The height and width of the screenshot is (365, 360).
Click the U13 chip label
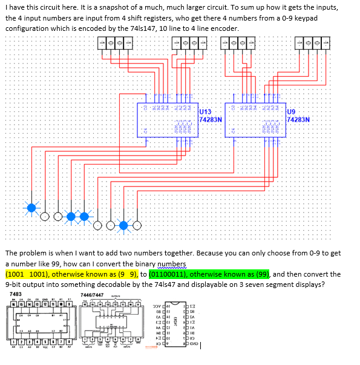205,111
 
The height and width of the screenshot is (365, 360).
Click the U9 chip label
291,111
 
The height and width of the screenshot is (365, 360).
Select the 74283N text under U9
299,119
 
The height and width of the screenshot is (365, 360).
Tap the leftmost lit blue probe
31,208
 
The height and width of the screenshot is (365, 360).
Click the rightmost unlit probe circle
138,226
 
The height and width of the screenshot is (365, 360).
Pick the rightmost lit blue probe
125,226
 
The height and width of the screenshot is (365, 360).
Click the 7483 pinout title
16,294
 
